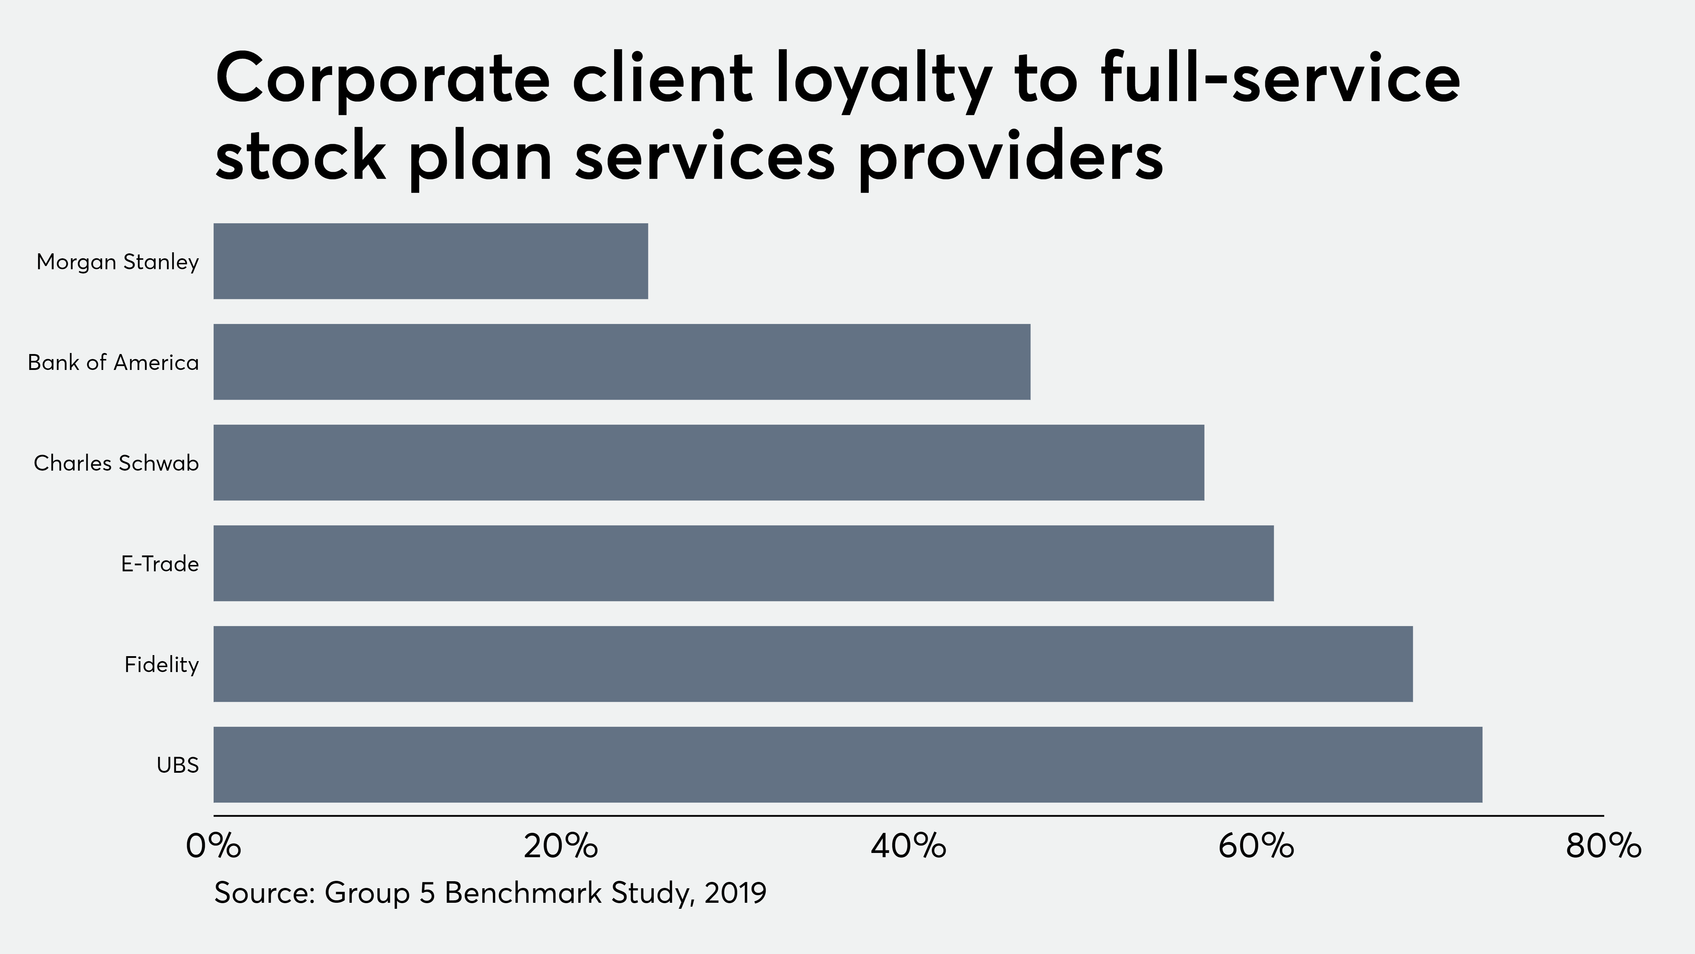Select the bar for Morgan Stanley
430,261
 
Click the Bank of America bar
622,362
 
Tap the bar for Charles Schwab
709,463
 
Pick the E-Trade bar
744,564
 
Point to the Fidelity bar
813,664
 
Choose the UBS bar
847,765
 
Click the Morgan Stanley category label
117,262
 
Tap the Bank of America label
113,363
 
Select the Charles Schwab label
116,464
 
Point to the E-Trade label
160,564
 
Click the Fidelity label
161,665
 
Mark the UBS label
178,765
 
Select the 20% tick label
561,846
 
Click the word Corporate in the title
382,80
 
